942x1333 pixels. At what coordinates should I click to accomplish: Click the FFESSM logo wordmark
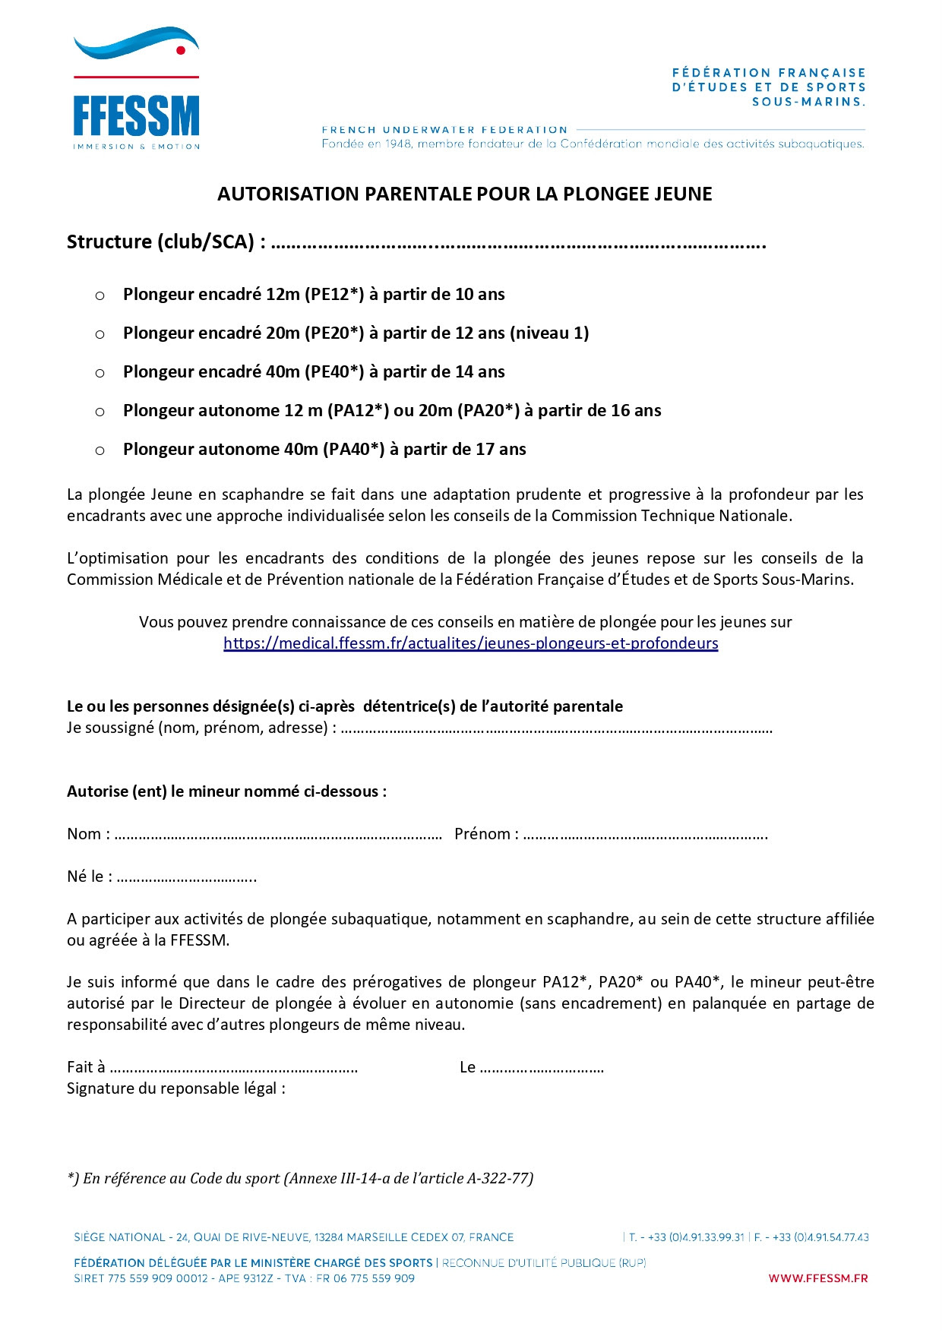click(136, 116)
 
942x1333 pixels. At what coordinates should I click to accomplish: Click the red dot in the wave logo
click(181, 50)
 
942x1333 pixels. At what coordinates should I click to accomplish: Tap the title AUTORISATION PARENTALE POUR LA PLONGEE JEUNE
click(465, 194)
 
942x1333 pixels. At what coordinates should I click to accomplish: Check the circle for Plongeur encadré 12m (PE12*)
click(100, 295)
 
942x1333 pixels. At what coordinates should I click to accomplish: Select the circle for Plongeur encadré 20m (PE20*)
click(100, 334)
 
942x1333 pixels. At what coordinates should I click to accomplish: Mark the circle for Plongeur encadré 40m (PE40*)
click(100, 373)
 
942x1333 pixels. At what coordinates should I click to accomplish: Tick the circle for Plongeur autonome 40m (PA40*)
click(100, 450)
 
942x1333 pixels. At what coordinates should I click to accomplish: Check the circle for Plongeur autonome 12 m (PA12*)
click(100, 412)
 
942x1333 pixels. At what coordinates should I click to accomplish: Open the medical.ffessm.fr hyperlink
click(470, 643)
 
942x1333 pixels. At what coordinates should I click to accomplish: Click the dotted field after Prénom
click(646, 835)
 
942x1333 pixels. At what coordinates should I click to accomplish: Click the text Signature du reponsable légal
click(176, 1088)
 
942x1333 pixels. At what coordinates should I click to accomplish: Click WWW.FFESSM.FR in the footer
click(817, 1278)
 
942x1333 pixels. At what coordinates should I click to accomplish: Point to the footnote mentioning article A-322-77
click(300, 1178)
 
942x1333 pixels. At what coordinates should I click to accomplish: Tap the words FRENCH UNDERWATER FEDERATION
click(444, 130)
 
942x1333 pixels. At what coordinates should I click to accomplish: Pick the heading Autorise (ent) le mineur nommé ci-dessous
click(226, 791)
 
